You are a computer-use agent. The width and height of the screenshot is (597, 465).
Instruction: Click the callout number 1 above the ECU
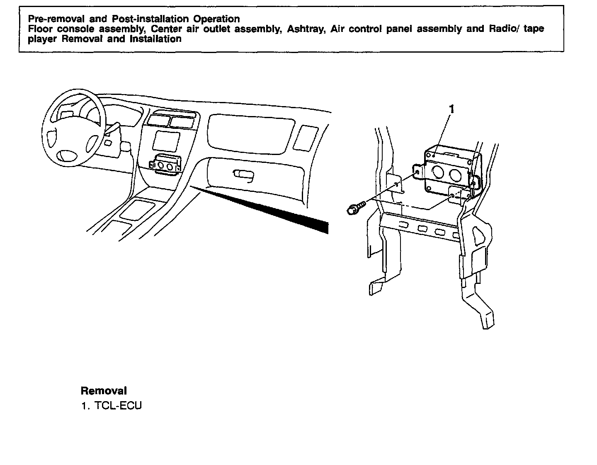(452, 109)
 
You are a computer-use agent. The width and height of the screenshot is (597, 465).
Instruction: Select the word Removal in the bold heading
(104, 390)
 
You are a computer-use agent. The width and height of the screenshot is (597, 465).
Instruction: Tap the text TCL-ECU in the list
(118, 405)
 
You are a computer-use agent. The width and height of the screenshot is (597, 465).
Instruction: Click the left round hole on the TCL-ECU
(437, 173)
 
